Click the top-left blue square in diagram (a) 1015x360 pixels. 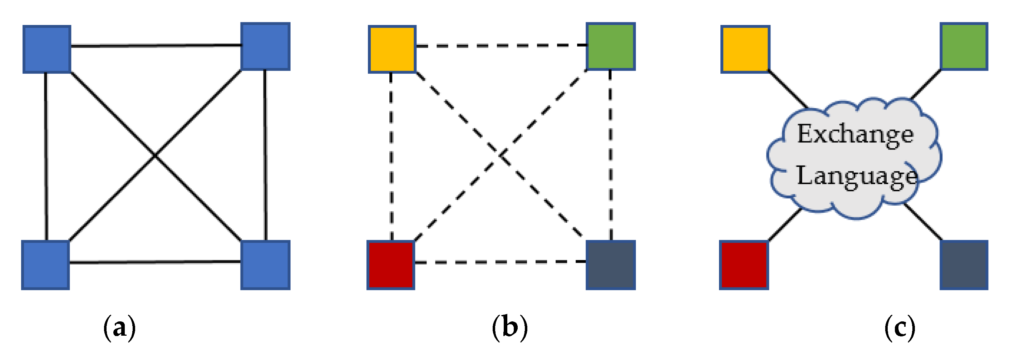(47, 49)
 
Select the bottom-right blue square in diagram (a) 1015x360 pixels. (265, 265)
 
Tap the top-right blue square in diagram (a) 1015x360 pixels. (265, 46)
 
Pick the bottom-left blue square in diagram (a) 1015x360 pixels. (46, 265)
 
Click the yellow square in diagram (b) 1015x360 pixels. (392, 49)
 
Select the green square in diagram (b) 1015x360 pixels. (610, 46)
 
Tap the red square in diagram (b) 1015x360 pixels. (391, 265)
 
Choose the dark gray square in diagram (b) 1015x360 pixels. (610, 265)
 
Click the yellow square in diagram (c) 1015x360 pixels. (745, 49)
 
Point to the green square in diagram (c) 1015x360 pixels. (964, 46)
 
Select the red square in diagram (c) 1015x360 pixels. (744, 265)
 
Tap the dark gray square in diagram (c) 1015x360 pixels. (964, 265)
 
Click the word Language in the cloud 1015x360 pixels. (857, 176)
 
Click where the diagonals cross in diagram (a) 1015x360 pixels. (155, 156)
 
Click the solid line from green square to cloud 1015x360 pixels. (926, 84)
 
